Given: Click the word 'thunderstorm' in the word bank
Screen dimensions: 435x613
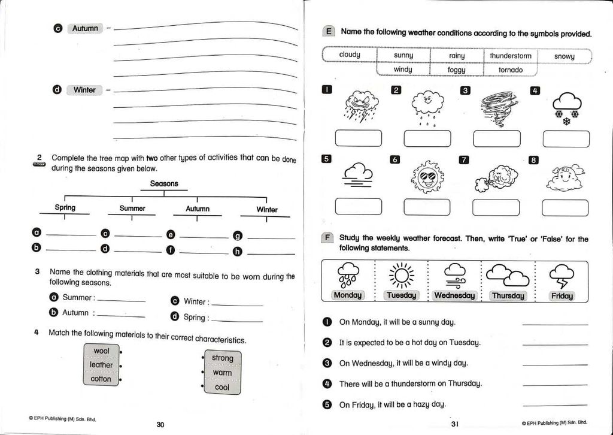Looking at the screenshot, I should tap(511, 56).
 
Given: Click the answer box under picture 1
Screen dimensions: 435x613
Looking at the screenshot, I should tap(358, 138).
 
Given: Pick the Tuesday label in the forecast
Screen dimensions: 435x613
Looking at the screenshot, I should tap(402, 295).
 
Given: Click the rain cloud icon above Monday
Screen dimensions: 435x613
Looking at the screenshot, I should tap(348, 274).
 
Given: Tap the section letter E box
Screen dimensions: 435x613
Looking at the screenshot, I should tap(328, 32).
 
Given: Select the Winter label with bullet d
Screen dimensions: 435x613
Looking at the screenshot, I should tap(84, 90).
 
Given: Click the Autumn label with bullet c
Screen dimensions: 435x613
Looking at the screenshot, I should tap(85, 28).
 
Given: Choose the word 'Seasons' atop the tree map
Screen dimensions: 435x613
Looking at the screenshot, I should tap(164, 183).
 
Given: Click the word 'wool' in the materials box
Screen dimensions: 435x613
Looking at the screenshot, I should tap(102, 351).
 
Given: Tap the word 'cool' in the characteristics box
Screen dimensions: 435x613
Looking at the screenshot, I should tap(222, 387).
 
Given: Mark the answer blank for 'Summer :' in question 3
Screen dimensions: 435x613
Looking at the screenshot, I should tap(121, 299).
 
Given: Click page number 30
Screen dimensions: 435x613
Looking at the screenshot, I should tap(160, 424).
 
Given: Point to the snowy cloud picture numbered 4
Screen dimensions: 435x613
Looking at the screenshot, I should tap(566, 108).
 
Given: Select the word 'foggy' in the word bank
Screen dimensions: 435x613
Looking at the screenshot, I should tap(456, 70).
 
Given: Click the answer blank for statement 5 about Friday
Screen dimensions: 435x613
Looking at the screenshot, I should tap(554, 405).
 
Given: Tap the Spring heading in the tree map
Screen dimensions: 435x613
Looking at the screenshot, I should tap(65, 208).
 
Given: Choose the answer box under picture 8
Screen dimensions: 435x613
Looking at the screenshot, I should tap(565, 207).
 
